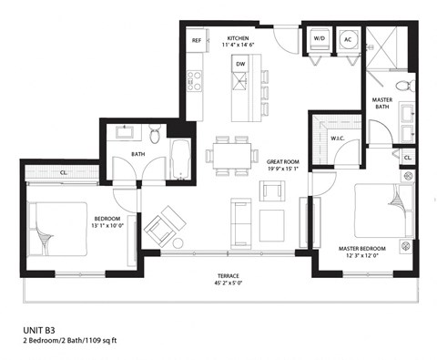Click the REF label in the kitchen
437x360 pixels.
tap(197, 41)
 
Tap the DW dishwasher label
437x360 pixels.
tap(240, 64)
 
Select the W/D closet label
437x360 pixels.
tap(320, 39)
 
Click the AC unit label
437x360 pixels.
tap(349, 39)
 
